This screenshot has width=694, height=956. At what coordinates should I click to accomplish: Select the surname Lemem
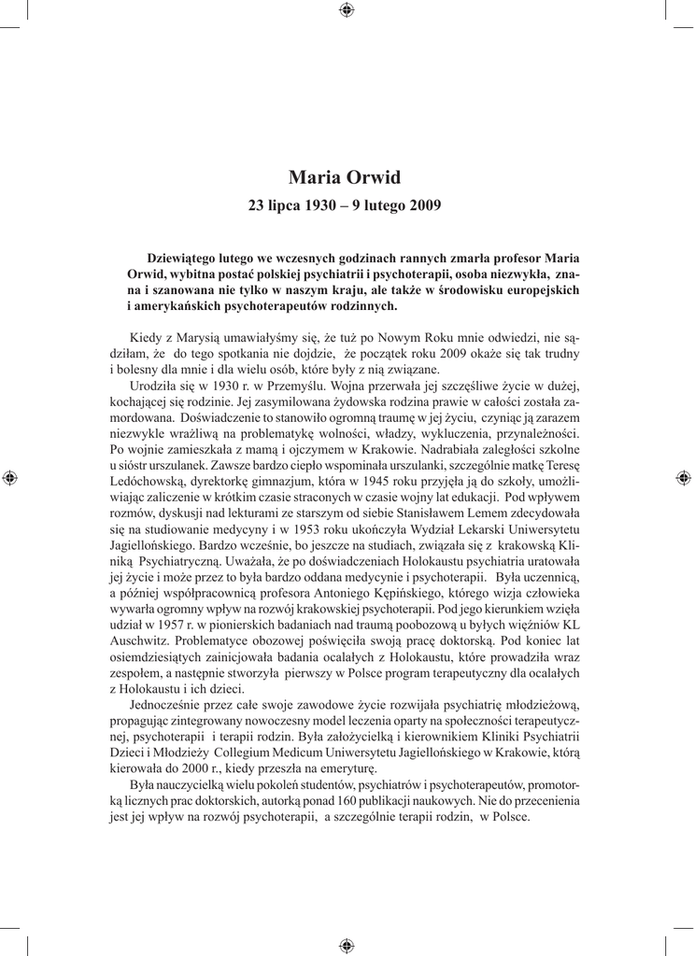447,510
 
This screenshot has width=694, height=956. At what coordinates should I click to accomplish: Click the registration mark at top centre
347,10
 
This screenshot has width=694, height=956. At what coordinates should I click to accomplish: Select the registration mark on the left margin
10,478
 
